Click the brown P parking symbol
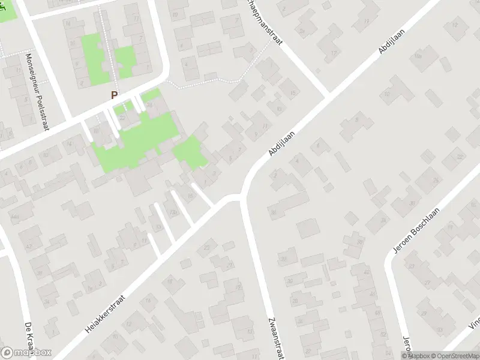point(114,95)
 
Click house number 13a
point(175,213)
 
